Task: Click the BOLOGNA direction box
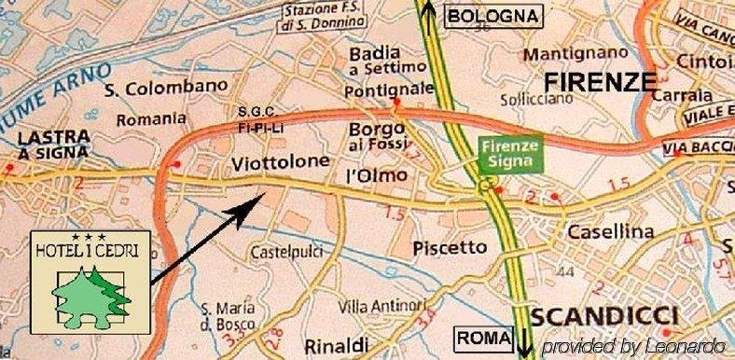tap(493, 16)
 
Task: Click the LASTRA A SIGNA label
tap(53, 145)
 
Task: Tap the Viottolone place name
tap(280, 162)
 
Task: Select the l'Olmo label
tap(377, 175)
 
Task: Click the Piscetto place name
tap(450, 247)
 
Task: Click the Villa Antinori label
tap(382, 306)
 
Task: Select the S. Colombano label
tap(166, 89)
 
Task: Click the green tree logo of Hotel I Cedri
tap(91, 292)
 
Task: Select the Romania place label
tap(151, 118)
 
